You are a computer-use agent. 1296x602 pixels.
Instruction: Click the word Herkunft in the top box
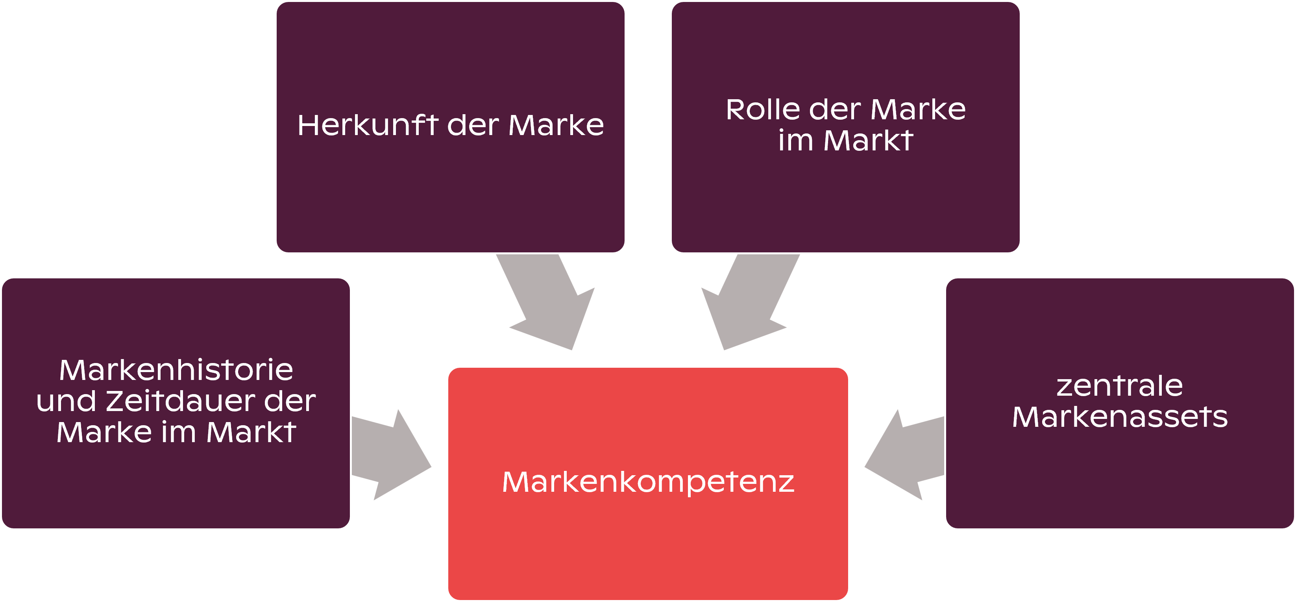pos(368,125)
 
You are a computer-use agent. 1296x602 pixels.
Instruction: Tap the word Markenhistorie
pos(176,370)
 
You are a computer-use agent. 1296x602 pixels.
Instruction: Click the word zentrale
pos(1119,386)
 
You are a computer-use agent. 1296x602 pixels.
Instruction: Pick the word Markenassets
pos(1119,417)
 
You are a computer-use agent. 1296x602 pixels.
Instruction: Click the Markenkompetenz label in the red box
pos(648,482)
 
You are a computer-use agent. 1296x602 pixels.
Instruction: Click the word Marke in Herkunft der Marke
pos(556,125)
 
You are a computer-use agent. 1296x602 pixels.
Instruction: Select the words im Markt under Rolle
pos(845,141)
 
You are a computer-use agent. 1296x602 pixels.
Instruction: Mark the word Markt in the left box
pos(251,432)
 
